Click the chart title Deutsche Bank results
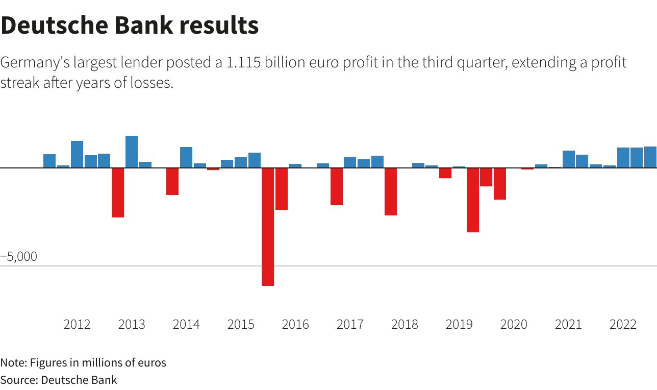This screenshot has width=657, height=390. pos(130,26)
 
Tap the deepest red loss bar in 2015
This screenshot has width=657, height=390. pos(268,227)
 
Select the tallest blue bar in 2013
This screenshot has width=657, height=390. pos(132,152)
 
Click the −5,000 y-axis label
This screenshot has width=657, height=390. pos(19,257)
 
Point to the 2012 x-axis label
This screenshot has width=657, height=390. pos(77,324)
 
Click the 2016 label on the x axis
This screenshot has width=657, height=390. pos(295,324)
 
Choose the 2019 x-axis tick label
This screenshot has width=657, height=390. pos(459,324)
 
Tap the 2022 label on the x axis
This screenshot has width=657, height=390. pos(623,324)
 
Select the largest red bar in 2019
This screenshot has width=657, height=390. pos(473,200)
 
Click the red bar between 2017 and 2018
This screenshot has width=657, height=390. pos(391,191)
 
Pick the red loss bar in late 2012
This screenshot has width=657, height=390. pos(118,192)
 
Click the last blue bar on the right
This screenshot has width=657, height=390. pos(650,157)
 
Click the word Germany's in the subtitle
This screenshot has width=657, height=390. pos(35,63)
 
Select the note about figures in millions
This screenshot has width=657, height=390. pos(83,363)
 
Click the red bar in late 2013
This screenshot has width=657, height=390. pos(172,181)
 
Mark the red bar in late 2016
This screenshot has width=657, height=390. pos(336,186)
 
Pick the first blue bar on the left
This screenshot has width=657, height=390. pos(49,161)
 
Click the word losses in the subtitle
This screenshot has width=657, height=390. pos(155,83)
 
